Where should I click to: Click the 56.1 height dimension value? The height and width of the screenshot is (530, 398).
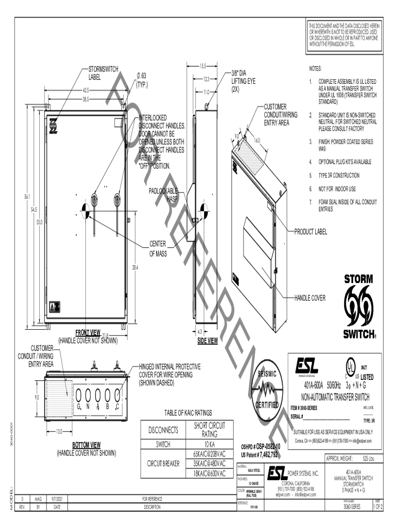26,197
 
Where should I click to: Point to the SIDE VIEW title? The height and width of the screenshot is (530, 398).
207,341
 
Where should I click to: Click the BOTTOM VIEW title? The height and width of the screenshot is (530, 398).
86,445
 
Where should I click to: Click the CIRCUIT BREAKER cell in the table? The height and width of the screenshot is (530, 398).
163,464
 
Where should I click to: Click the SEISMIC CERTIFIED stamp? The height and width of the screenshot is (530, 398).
267,390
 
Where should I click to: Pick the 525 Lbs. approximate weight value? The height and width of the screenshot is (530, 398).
368,459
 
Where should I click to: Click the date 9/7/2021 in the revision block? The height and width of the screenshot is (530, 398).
57,499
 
